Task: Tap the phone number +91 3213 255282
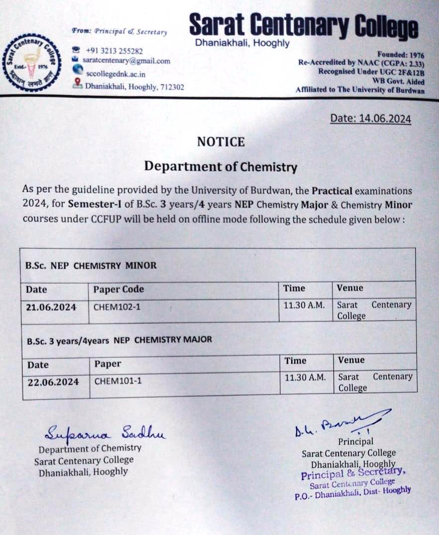pyautogui.click(x=114, y=51)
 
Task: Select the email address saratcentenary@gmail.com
pyautogui.click(x=126, y=61)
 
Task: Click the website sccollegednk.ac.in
pyautogui.click(x=115, y=74)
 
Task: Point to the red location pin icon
pyautogui.click(x=77, y=84)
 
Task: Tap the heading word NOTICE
pyautogui.click(x=221, y=142)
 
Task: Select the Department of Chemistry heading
pyautogui.click(x=220, y=166)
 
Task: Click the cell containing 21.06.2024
pyautogui.click(x=51, y=307)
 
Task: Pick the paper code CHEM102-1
pyautogui.click(x=117, y=307)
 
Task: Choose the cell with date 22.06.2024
pyautogui.click(x=53, y=382)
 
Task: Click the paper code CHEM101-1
pyautogui.click(x=118, y=382)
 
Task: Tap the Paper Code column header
pyautogui.click(x=118, y=289)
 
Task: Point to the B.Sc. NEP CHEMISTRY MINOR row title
pyautogui.click(x=91, y=266)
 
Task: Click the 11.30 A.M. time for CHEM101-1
pyautogui.click(x=305, y=378)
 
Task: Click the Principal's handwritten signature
pyautogui.click(x=338, y=423)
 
